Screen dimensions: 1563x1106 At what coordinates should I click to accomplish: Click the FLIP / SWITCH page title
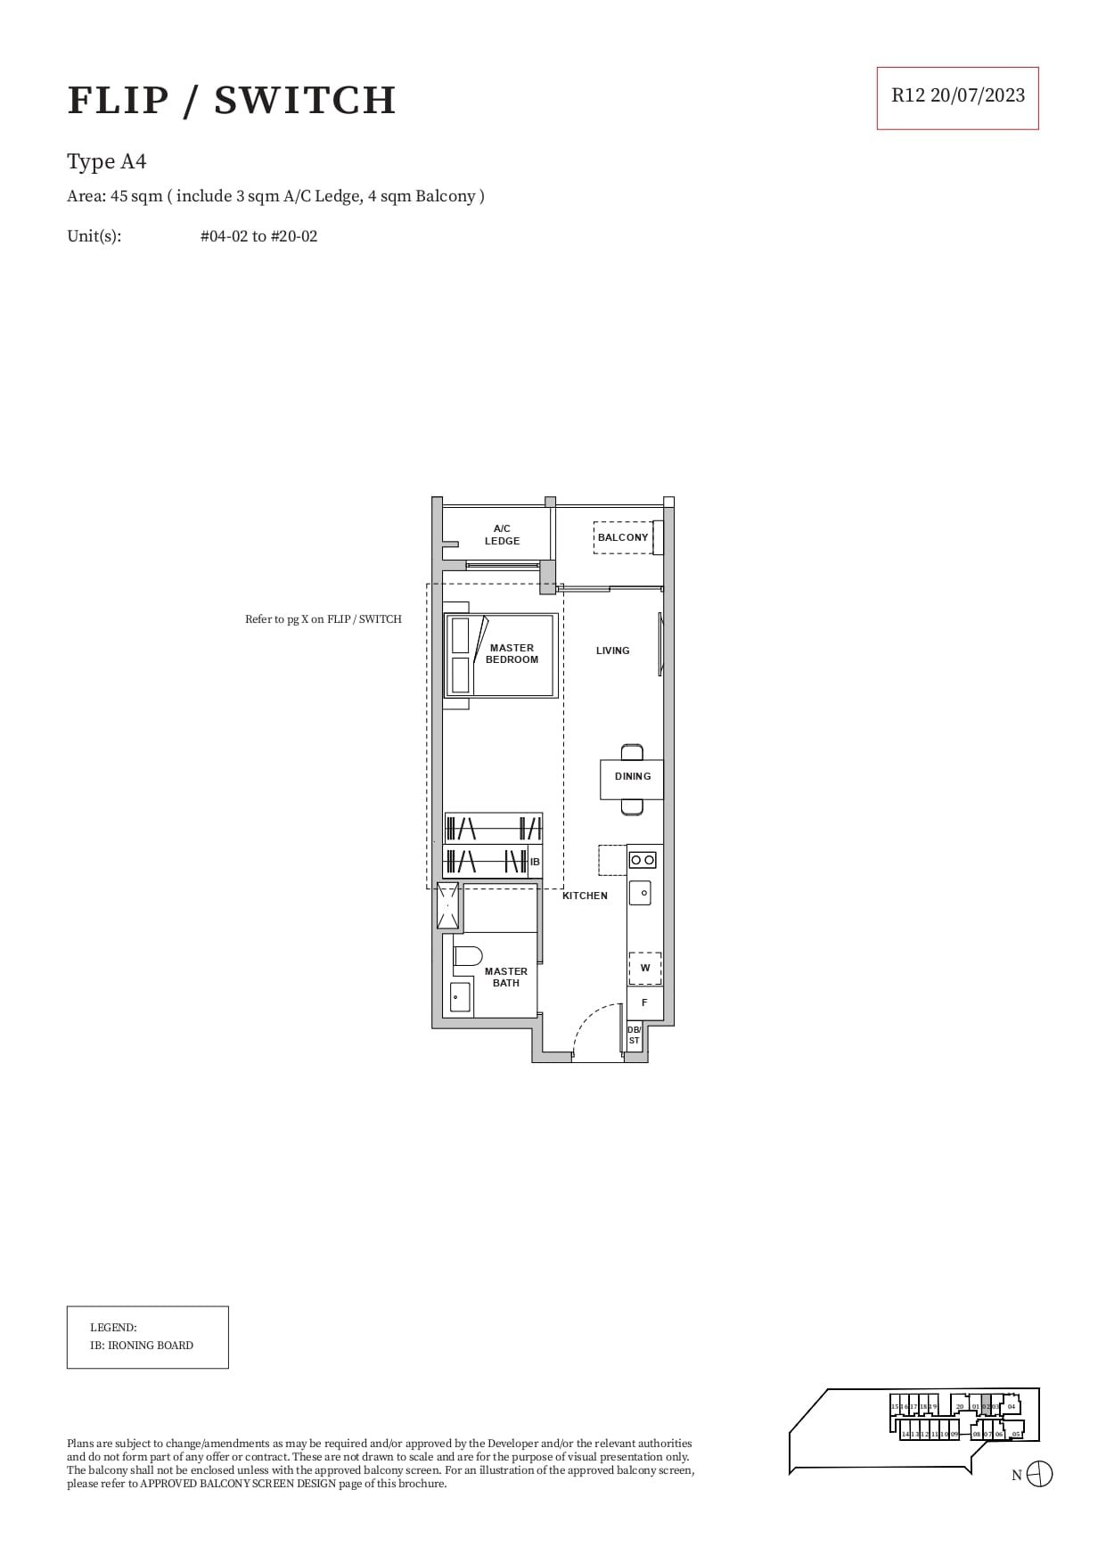tap(232, 100)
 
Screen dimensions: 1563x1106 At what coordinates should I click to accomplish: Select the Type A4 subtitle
tap(107, 161)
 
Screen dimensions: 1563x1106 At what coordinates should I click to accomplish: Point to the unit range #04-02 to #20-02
tap(258, 236)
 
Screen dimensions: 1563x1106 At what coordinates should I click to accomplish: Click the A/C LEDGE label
tap(502, 535)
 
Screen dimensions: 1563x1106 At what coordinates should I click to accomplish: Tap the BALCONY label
tap(623, 537)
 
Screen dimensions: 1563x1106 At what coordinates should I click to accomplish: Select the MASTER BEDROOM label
tap(512, 654)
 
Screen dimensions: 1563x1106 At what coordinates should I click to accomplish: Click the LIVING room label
tap(612, 651)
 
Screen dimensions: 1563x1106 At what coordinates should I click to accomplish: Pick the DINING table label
tap(632, 776)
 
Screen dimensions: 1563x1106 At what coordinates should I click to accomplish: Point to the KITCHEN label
tap(585, 896)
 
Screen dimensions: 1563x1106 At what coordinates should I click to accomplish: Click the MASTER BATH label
tap(505, 977)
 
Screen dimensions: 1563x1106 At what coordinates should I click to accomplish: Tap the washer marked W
tap(644, 968)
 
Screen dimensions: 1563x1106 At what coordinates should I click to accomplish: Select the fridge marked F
tap(644, 1002)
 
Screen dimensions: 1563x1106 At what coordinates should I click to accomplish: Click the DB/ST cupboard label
tap(634, 1035)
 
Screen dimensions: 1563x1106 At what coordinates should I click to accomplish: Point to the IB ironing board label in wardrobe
tap(535, 862)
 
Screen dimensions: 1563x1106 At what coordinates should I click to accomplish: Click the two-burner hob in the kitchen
tap(643, 860)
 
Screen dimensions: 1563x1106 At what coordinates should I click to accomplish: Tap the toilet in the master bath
tap(465, 956)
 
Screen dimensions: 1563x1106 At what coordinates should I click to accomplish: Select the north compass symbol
tap(1039, 1474)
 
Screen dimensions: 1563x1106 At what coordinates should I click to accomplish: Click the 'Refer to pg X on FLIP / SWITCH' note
tap(323, 619)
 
